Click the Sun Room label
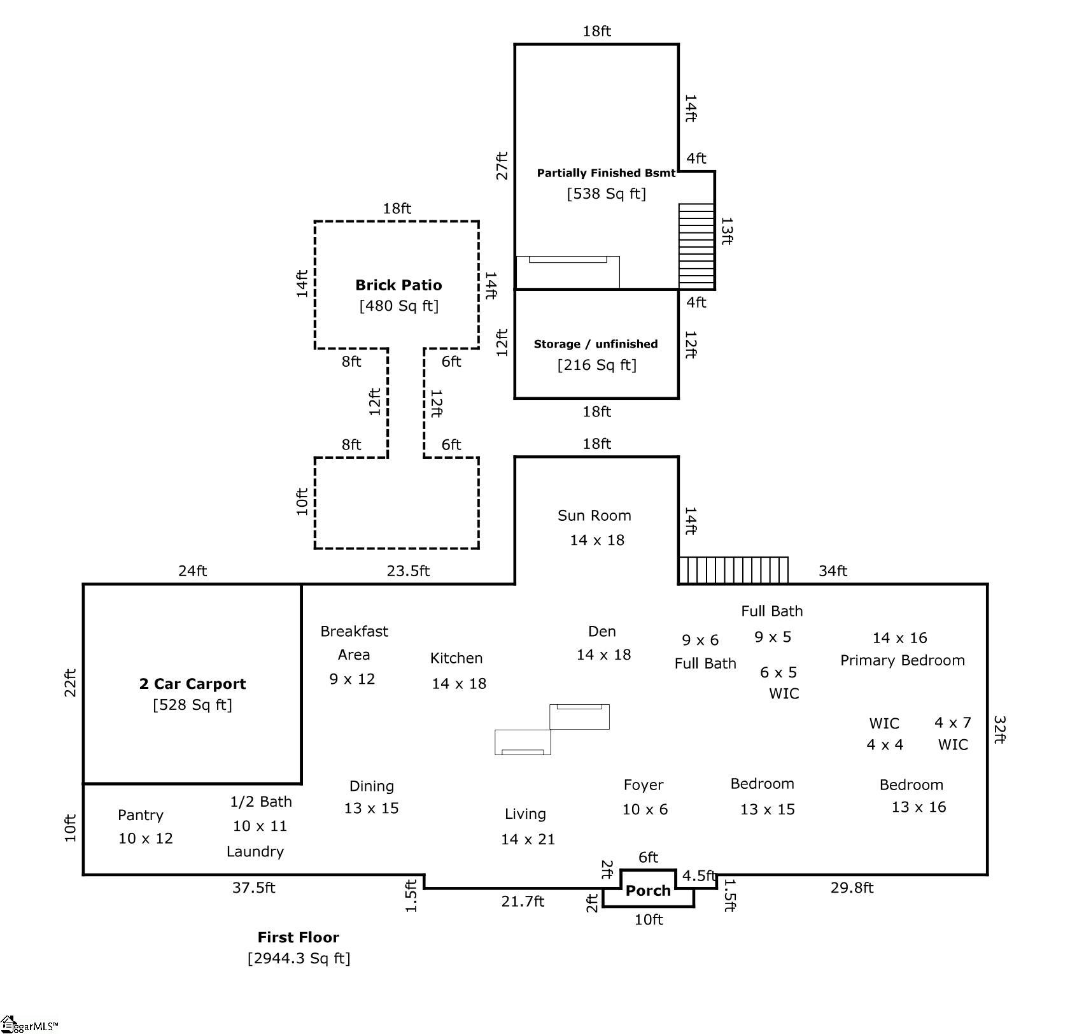595,516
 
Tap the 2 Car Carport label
192,684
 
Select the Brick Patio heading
398,285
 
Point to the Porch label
648,891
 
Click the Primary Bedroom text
903,661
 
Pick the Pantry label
141,815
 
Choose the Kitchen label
456,658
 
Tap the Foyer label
644,785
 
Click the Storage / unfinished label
596,344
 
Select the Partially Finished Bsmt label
606,173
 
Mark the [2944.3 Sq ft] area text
299,958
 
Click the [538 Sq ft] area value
607,194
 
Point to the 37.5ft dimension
253,888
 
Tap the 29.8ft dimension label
852,888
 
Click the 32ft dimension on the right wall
999,730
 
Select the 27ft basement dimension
502,166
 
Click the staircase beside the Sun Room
733,570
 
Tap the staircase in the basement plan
696,246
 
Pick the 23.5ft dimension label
408,571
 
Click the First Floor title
299,937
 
